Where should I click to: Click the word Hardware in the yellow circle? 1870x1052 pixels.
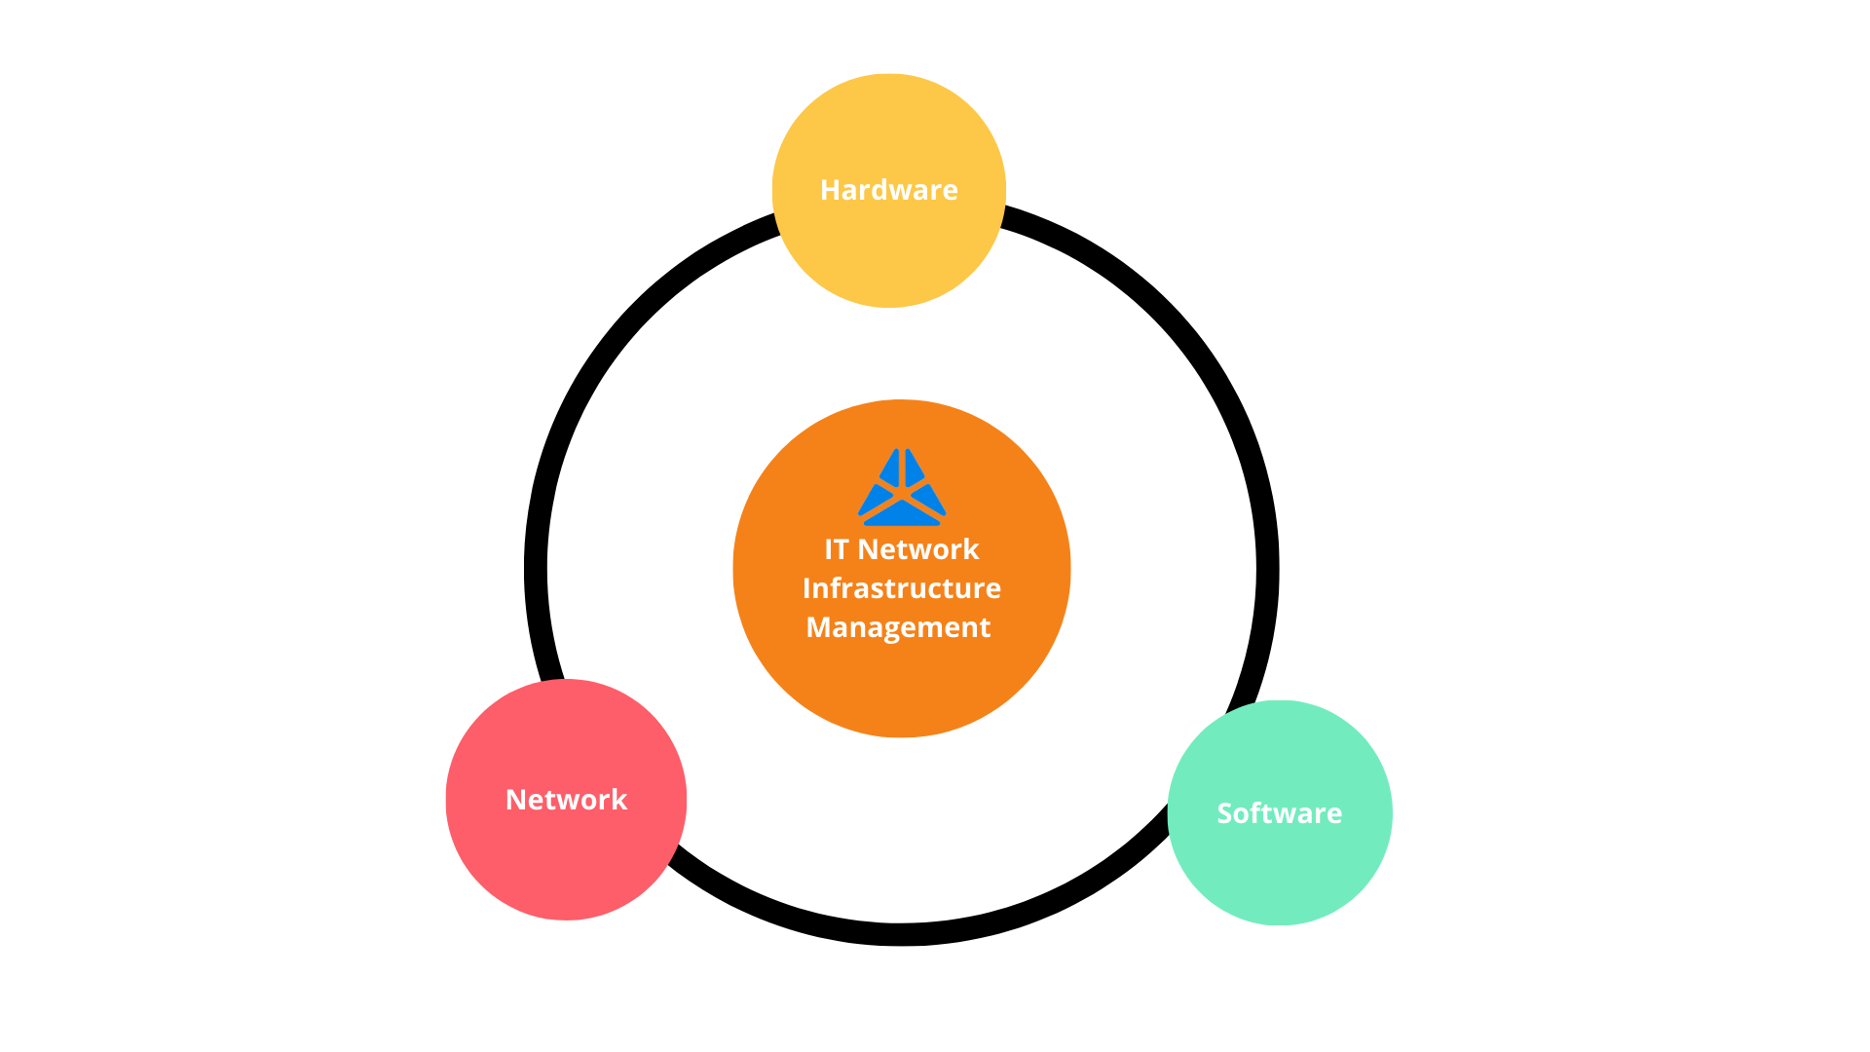pyautogui.click(x=888, y=190)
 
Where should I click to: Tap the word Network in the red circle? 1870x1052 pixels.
pyautogui.click(x=566, y=800)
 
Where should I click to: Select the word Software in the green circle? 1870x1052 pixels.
pyautogui.click(x=1279, y=813)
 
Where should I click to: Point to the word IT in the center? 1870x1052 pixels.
pyautogui.click(x=836, y=549)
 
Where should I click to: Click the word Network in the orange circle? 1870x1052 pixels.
pyautogui.click(x=917, y=549)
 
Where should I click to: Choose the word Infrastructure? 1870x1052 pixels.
pyautogui.click(x=901, y=588)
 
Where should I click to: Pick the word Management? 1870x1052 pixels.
pyautogui.click(x=898, y=627)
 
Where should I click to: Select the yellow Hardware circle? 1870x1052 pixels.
pyautogui.click(x=888, y=253)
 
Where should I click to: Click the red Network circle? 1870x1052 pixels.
pyautogui.click(x=566, y=857)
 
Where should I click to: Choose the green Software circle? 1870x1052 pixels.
pyautogui.click(x=1279, y=872)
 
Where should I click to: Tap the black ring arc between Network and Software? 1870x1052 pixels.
pyautogui.click(x=901, y=934)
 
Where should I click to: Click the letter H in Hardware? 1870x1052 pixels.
pyautogui.click(x=829, y=190)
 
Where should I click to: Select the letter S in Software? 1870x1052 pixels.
pyautogui.click(x=1224, y=813)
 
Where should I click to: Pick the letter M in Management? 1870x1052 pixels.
pyautogui.click(x=817, y=627)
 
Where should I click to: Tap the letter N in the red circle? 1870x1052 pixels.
pyautogui.click(x=514, y=800)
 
